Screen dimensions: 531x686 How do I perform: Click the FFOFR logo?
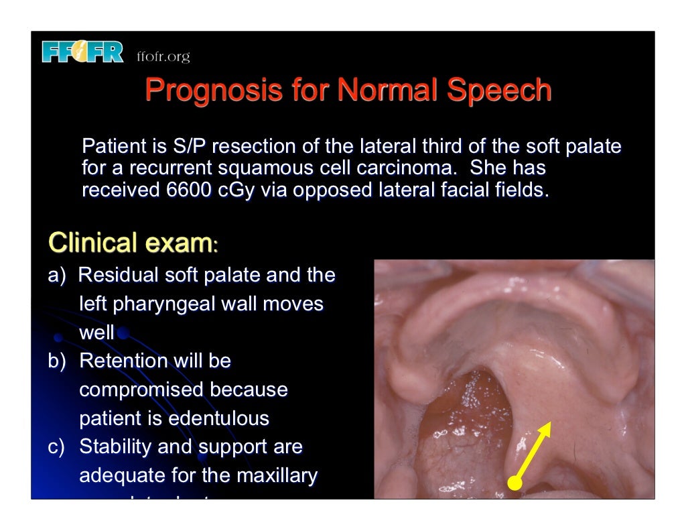82,52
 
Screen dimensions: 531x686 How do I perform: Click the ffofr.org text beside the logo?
163,57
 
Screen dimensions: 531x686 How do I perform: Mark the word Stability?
118,447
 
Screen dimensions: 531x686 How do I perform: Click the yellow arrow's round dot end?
514,482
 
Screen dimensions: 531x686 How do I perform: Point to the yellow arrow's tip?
549,424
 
